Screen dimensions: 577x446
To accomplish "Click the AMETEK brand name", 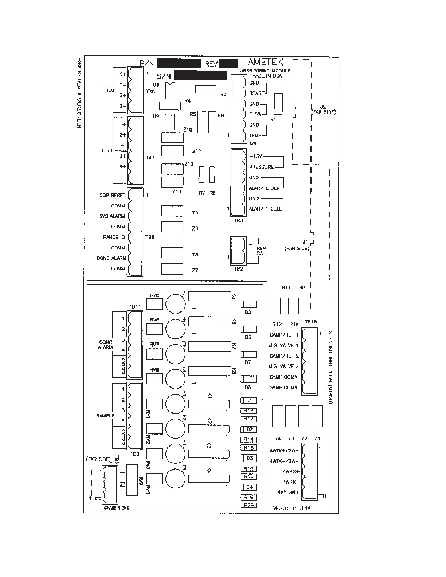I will click(265, 62).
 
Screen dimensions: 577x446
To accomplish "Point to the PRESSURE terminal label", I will click(261, 167).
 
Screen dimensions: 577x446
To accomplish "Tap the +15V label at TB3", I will click(256, 156).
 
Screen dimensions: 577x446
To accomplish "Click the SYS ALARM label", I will click(112, 216).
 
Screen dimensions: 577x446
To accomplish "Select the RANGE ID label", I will click(114, 237).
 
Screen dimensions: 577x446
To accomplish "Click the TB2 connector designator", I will click(238, 269).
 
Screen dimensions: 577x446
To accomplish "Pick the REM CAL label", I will click(261, 251).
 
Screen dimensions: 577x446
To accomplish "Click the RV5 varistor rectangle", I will click(154, 303).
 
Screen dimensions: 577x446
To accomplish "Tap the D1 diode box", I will click(249, 400).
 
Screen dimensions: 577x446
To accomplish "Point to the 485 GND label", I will click(288, 492).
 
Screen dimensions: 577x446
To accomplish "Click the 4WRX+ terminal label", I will click(292, 471).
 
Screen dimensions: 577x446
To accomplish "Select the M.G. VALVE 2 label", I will click(283, 366).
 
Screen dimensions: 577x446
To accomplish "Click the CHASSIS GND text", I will click(117, 508).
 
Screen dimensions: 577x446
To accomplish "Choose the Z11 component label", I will click(196, 151).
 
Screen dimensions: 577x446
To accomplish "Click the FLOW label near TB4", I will click(255, 114).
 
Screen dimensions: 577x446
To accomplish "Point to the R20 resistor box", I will click(249, 505).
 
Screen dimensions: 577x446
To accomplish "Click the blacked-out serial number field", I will click(200, 75).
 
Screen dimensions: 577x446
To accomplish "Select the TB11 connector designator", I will click(135, 307).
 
